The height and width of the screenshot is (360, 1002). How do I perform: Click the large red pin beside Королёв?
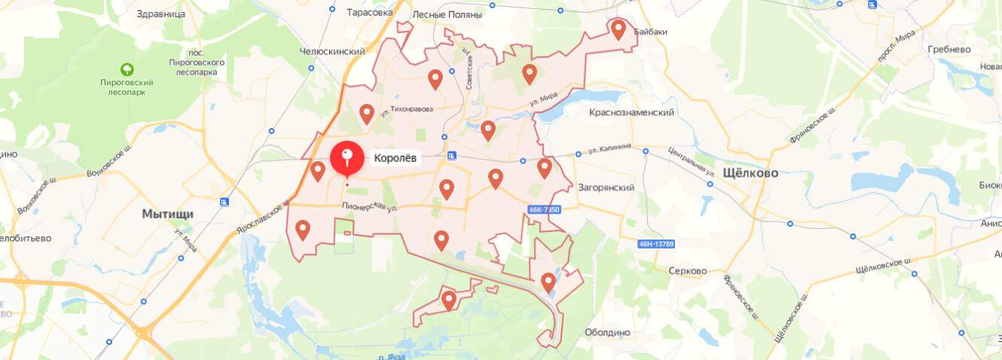347,158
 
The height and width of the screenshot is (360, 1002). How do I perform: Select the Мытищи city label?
167,214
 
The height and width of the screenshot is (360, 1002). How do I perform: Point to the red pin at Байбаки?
618,29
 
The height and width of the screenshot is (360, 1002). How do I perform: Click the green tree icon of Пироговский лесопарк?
127,69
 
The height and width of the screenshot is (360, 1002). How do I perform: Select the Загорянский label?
606,188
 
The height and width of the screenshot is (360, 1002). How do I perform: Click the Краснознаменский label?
631,112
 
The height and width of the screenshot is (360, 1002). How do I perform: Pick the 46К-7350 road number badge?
545,209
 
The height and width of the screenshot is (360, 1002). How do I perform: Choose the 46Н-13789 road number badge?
655,243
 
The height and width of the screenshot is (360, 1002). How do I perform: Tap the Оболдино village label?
607,332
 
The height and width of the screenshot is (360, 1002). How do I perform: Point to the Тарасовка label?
370,13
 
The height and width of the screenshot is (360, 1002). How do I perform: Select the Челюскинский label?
332,51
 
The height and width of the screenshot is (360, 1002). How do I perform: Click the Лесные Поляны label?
448,14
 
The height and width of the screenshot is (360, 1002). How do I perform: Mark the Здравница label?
162,14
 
